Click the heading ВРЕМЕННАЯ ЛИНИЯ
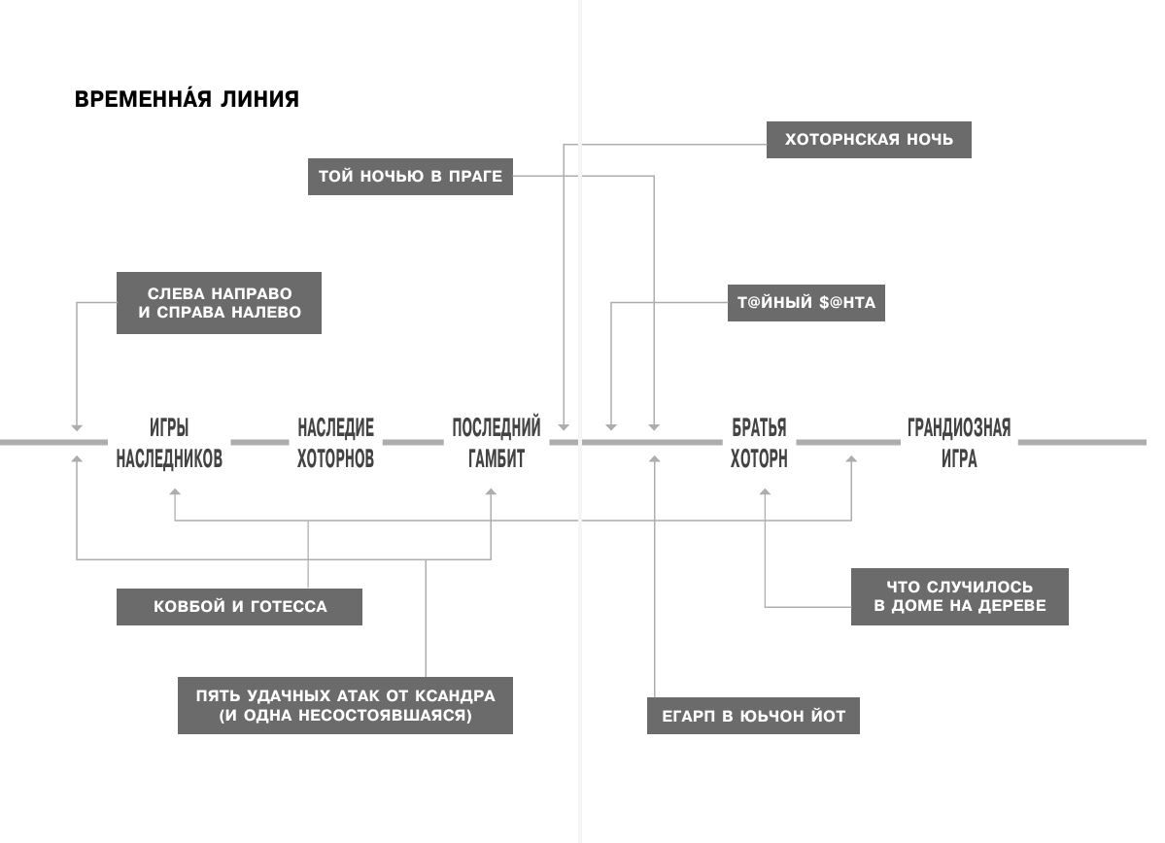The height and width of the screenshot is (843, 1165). tap(187, 99)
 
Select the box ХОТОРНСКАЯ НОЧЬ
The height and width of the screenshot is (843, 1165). tap(869, 139)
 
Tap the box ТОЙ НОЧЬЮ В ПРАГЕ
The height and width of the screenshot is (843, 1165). tap(410, 177)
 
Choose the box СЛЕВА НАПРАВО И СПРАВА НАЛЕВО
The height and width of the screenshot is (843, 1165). tap(219, 303)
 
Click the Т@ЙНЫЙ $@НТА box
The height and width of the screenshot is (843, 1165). tap(805, 302)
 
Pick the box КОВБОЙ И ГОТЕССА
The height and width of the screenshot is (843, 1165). tap(239, 607)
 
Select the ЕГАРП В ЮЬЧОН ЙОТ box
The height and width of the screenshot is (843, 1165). tap(753, 717)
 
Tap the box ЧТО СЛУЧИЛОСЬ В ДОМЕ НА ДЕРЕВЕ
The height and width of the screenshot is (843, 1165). tap(959, 596)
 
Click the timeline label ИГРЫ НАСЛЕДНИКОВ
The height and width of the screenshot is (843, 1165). tap(169, 443)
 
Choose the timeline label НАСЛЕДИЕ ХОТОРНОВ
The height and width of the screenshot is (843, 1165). tap(335, 443)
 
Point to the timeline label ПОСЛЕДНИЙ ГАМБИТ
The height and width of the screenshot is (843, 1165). tap(496, 443)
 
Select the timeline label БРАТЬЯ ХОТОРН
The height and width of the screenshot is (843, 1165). tap(759, 443)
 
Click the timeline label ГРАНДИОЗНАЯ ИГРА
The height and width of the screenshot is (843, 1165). tap(959, 443)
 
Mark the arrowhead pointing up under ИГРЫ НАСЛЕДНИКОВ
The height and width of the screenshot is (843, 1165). tap(175, 493)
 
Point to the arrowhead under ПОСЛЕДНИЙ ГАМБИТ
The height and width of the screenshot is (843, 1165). tap(491, 493)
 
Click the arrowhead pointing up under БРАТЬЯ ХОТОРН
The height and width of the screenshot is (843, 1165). tap(765, 493)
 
